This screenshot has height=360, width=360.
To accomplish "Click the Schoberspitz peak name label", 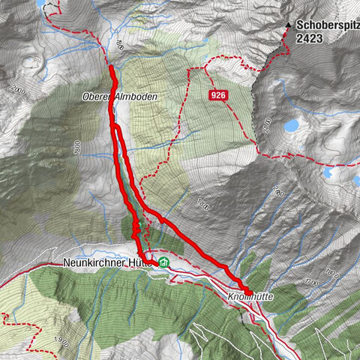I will pos(327,24).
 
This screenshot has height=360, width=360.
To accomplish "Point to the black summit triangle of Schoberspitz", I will pos(288,25).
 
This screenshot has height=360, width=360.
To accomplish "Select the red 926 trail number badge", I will pos(217,95).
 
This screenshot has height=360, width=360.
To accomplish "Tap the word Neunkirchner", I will pos(93,264).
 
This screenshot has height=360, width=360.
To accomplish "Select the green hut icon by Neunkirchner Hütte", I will pos(163,263).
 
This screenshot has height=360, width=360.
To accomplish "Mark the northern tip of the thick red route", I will pos(112,67).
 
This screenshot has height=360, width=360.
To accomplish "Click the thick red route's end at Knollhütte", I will pos(249,291).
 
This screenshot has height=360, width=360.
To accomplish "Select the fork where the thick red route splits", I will pos(116,129).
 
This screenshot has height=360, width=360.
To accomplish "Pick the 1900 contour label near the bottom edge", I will pos(63,343).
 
